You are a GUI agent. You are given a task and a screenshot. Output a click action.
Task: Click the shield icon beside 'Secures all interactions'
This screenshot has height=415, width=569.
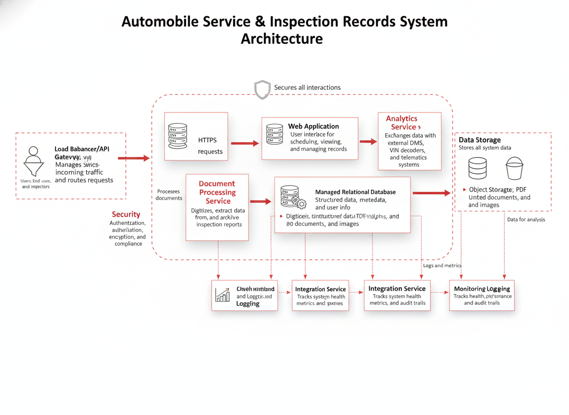262,89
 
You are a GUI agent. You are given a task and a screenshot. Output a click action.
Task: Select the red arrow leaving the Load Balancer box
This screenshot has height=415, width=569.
134,158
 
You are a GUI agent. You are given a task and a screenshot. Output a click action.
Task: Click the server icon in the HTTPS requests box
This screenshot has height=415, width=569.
178,136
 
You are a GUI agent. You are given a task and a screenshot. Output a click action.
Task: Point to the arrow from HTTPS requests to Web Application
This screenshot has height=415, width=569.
245,143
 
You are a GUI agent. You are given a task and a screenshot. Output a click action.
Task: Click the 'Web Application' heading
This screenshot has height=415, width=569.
313,126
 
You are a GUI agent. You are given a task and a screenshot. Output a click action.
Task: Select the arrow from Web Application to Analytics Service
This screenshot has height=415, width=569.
368,142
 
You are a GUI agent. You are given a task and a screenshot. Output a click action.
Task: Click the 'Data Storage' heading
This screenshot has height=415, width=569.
480,140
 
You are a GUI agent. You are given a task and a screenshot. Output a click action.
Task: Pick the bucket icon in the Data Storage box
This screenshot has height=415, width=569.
514,169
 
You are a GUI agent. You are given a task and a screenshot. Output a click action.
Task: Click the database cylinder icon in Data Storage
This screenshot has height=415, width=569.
477,169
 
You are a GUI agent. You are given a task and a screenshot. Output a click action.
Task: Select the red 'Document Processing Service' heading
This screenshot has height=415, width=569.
217,192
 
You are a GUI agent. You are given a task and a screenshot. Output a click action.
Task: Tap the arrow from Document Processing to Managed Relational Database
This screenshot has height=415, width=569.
260,201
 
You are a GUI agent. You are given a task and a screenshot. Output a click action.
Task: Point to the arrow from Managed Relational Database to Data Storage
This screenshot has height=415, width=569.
432,193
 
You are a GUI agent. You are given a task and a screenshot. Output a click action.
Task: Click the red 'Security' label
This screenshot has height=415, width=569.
126,214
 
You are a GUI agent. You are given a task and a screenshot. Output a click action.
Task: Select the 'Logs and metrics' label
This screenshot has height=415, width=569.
442,266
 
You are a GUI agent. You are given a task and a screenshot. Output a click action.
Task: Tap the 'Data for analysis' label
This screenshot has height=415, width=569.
526,220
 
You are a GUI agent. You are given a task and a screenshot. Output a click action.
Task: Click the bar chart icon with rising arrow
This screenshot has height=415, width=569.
223,294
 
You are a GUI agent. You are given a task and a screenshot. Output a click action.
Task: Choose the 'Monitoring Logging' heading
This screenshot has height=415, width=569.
482,289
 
